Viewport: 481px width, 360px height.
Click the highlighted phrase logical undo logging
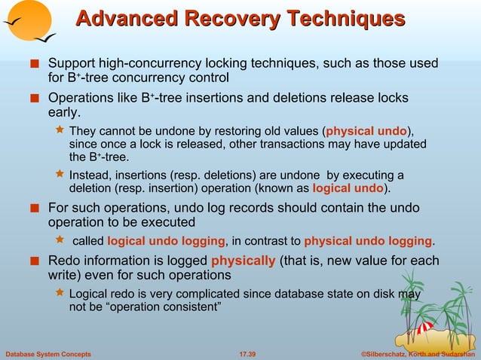[166, 241]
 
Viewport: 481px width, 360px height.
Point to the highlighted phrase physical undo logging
[368, 241]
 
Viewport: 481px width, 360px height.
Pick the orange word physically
[243, 261]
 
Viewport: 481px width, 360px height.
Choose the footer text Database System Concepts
[48, 353]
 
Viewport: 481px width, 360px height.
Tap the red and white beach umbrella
[424, 327]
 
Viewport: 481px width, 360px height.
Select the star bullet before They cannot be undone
[61, 130]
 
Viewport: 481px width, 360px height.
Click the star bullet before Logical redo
[61, 294]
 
